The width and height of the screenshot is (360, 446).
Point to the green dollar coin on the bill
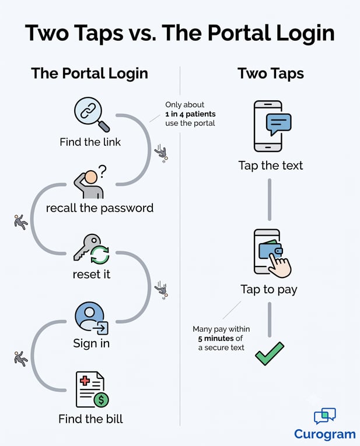[x=101, y=399]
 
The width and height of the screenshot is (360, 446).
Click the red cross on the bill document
[x=85, y=381]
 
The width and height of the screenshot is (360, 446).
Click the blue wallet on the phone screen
[x=270, y=249]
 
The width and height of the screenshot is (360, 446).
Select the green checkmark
[x=269, y=353]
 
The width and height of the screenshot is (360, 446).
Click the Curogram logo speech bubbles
[x=325, y=416]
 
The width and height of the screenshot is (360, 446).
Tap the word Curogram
[x=325, y=434]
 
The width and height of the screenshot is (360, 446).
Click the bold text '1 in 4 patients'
[x=190, y=114]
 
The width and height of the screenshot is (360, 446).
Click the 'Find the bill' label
[x=90, y=419]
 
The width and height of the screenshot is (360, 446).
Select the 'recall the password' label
[x=100, y=208]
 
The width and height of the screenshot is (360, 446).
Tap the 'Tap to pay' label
[x=269, y=290]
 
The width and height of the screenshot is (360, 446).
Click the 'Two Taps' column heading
[x=271, y=73]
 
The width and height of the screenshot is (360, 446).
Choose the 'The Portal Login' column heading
[x=90, y=73]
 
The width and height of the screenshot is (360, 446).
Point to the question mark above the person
[x=103, y=171]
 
